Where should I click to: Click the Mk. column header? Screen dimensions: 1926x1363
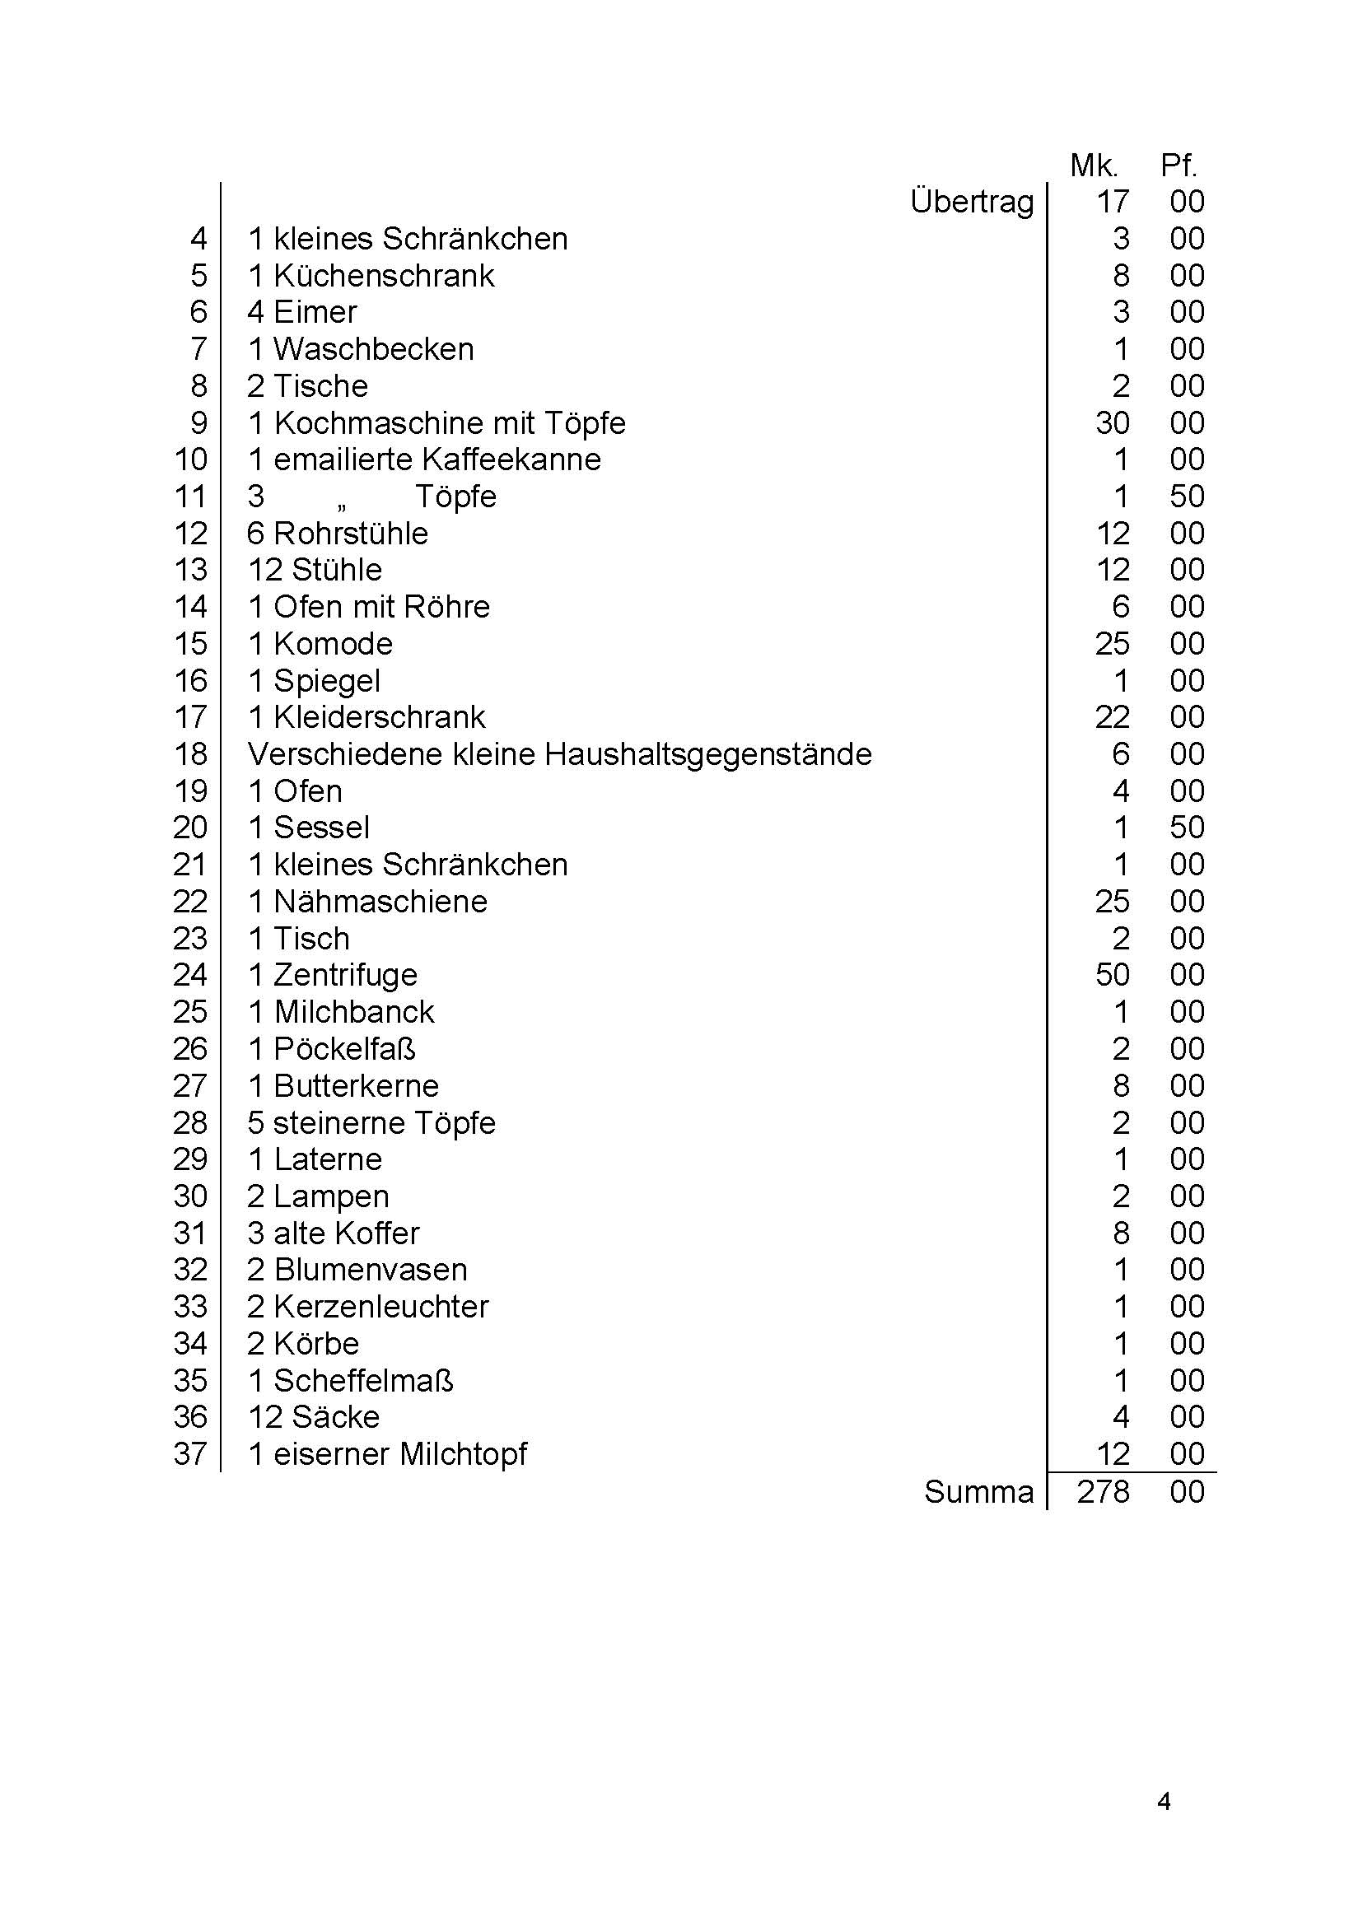1094,166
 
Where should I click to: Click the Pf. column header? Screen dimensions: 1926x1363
1179,166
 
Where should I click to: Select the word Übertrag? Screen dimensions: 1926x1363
972,203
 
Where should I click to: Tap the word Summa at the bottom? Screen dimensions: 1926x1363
978,1492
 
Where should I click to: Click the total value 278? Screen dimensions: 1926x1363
1103,1492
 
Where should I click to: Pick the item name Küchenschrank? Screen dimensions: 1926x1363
384,276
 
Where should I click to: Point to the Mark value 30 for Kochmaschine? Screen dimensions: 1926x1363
1112,423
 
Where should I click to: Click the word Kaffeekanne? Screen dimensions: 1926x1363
511,460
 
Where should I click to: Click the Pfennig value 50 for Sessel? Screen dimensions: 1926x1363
1187,828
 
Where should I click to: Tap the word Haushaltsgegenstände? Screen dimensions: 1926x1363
707,754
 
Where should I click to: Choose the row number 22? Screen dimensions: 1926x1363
190,902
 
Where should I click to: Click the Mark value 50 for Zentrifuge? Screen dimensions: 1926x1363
1112,975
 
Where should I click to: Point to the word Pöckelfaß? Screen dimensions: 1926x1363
344,1049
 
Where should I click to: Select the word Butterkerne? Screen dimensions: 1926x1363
356,1086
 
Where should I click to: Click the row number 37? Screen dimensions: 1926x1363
190,1454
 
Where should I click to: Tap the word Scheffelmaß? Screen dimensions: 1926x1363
363,1381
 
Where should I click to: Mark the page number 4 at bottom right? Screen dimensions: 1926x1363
1163,1802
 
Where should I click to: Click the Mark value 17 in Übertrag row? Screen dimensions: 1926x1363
1113,203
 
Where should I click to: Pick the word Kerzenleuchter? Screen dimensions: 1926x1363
381,1307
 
